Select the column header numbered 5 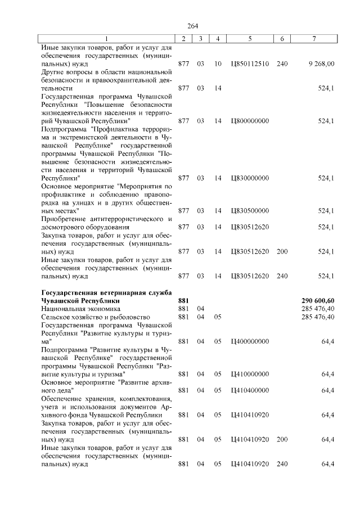pyautogui.click(x=250, y=38)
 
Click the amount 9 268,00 pyautogui.click(x=321, y=64)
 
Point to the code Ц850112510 pyautogui.click(x=250, y=64)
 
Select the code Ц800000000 pyautogui.click(x=250, y=121)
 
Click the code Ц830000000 pyautogui.click(x=250, y=178)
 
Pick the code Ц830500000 pyautogui.click(x=250, y=211)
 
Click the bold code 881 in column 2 pyautogui.click(x=183, y=300)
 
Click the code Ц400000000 pyautogui.click(x=250, y=341)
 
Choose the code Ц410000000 pyautogui.click(x=250, y=374)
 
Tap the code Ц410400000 pyautogui.click(x=250, y=390)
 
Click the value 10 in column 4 pyautogui.click(x=218, y=64)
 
